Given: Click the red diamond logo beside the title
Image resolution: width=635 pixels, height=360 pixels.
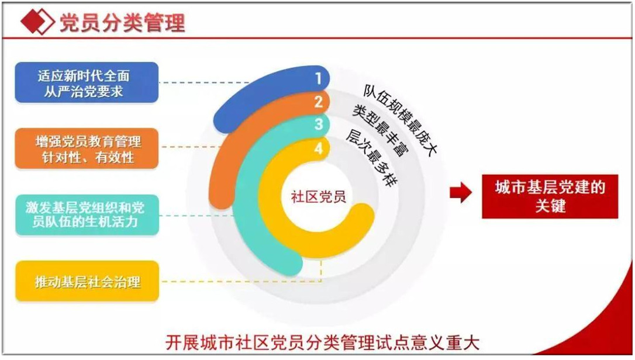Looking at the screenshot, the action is [37, 22].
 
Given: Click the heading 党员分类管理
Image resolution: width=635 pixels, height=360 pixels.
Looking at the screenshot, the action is [122, 22].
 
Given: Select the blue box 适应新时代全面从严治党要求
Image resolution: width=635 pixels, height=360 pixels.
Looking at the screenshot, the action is [87, 82].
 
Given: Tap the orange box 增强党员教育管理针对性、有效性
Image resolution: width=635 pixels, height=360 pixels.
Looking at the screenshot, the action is [87, 148].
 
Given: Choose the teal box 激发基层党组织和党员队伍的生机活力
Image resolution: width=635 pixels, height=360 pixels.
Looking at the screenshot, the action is [87, 214].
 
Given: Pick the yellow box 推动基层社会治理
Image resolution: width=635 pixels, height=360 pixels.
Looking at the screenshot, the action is [87, 281].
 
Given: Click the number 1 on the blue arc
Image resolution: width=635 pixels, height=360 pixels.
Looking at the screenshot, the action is [318, 78].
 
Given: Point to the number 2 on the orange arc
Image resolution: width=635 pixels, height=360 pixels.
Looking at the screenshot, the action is [318, 102].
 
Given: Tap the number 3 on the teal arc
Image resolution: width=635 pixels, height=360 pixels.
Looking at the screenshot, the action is [318, 124].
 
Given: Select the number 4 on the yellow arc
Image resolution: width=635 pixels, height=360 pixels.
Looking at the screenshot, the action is [318, 148].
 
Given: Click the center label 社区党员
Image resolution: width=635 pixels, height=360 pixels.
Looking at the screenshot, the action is [318, 197].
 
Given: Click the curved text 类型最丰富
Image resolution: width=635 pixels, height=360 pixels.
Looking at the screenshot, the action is [381, 130].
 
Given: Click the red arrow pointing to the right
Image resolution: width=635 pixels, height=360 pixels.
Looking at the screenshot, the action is [461, 192].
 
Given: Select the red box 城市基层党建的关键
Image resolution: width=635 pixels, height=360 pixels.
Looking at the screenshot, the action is [550, 196].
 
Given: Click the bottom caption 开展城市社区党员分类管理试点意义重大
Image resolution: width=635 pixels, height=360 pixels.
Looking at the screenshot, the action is [322, 342].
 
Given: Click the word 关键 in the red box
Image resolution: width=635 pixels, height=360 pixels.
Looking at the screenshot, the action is [550, 206].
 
